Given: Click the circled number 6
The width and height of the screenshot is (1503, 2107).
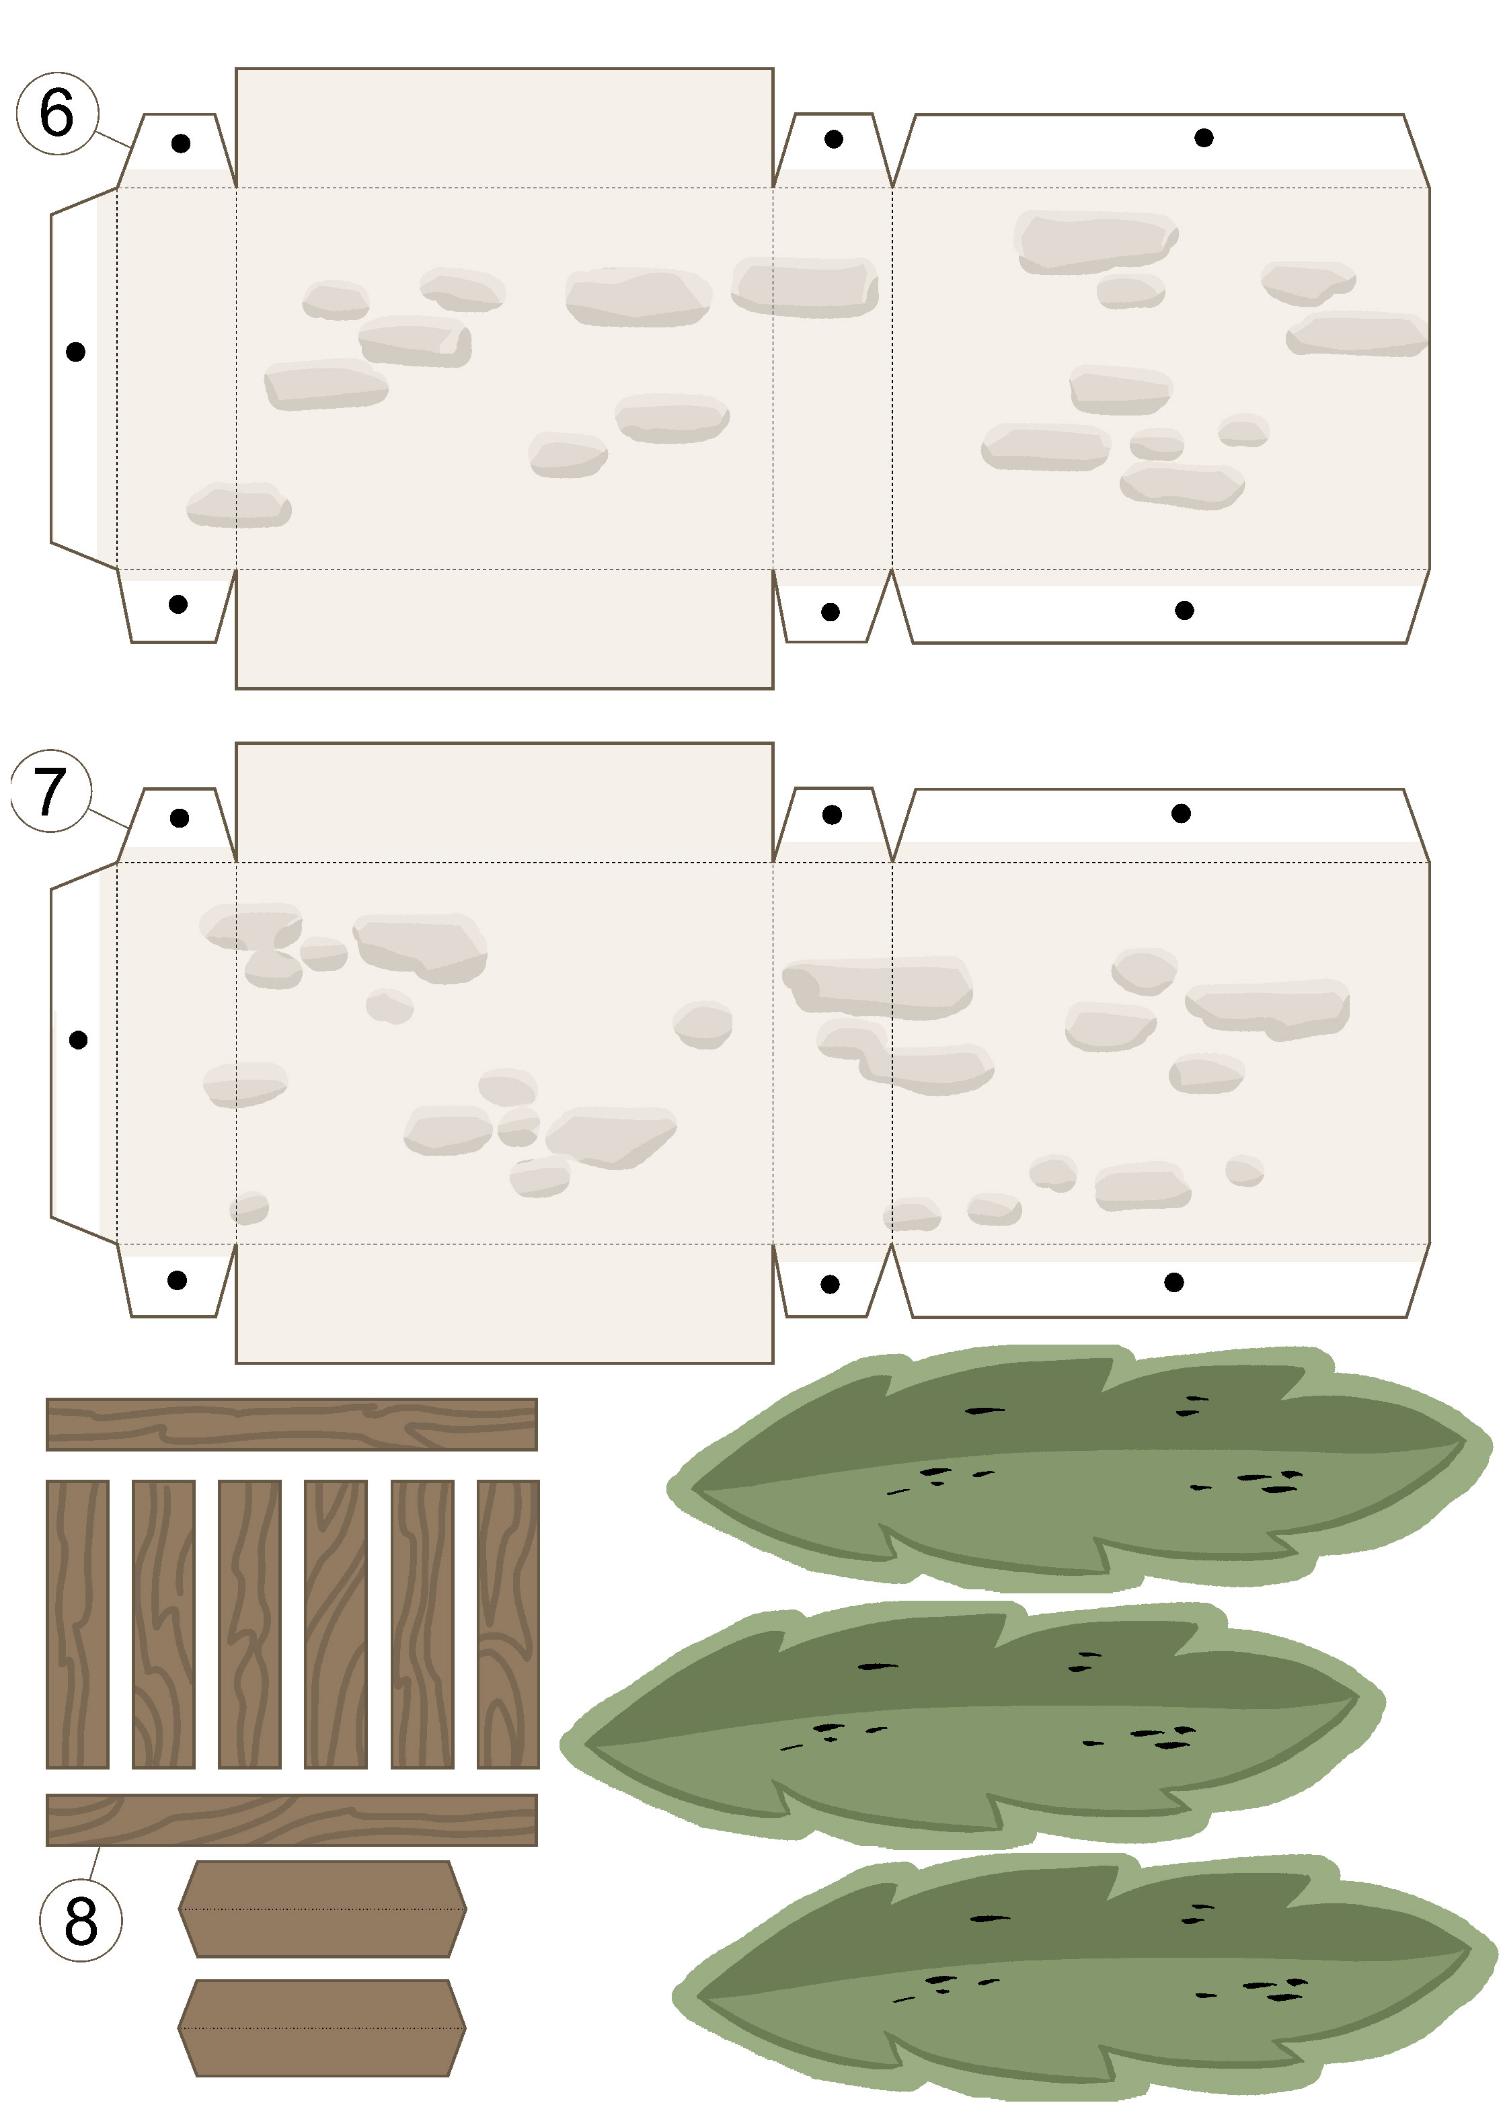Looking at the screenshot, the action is tap(57, 113).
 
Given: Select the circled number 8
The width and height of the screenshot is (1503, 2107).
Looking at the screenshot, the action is tap(81, 1920).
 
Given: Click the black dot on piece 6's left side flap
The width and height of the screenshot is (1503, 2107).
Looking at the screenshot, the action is tap(76, 352).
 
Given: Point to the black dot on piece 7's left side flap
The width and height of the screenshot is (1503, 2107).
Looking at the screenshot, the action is tap(79, 1040).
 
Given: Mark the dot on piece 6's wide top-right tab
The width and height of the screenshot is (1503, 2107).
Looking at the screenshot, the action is tap(1204, 138).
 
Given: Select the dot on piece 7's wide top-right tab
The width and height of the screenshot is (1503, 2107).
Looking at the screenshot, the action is tap(1181, 813).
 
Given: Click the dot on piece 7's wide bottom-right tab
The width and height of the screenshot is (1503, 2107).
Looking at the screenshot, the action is tap(1174, 1281).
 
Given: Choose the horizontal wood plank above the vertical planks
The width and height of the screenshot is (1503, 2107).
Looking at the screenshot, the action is tap(292, 1424).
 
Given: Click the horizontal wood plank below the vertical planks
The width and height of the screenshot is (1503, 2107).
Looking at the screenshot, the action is tap(292, 1819).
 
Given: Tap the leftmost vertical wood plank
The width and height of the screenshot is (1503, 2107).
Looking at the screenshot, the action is tap(78, 1624).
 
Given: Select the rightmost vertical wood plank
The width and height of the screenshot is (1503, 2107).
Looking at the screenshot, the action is tap(508, 1624).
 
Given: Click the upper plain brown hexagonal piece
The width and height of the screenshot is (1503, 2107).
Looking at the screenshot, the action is tap(322, 1909).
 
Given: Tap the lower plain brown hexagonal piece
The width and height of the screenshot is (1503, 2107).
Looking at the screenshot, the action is tap(322, 2028).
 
